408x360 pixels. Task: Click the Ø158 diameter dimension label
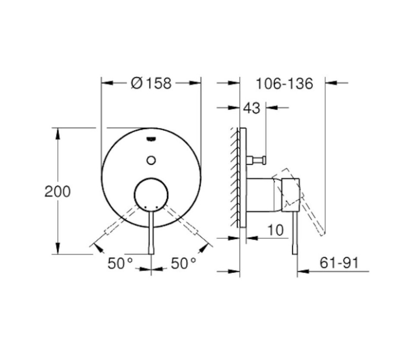[x=151, y=83]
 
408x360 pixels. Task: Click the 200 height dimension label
[x=57, y=191]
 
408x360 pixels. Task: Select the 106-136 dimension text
[x=284, y=83]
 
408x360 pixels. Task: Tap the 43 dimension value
[x=251, y=108]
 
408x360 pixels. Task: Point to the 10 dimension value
[x=274, y=230]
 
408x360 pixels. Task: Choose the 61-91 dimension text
[x=339, y=262]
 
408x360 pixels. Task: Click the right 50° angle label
[x=183, y=263]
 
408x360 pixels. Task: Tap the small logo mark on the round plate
[x=151, y=139]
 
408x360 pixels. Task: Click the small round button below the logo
[x=151, y=160]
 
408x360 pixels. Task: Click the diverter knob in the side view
[x=257, y=160]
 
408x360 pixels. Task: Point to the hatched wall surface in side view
[x=235, y=178]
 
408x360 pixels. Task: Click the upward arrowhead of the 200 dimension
[x=57, y=132]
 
